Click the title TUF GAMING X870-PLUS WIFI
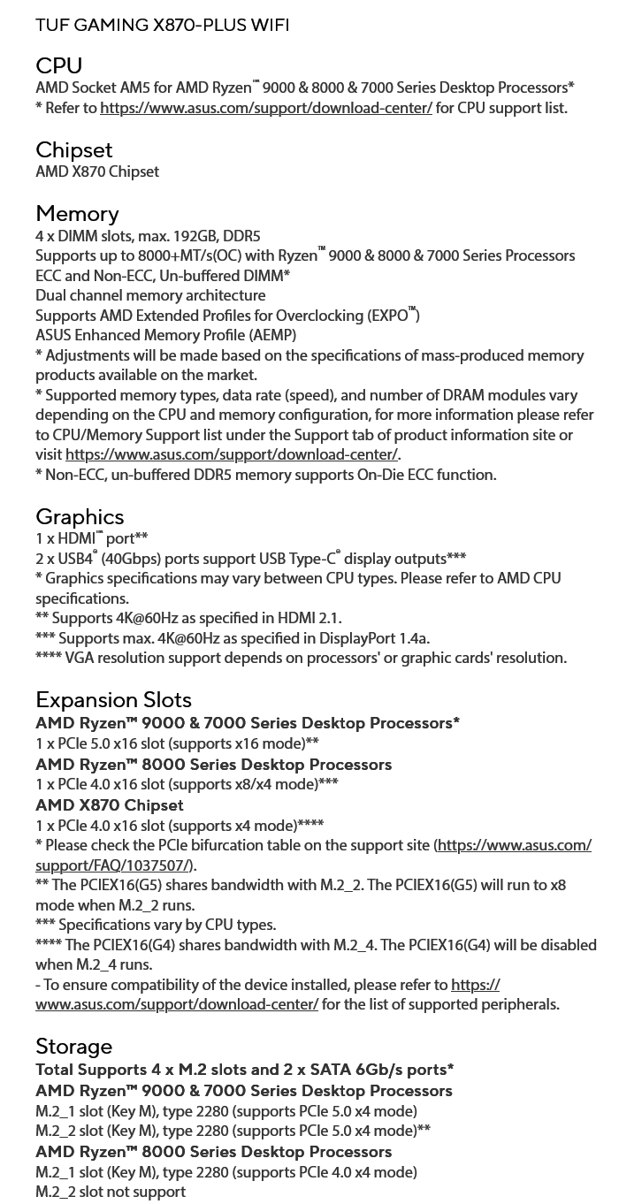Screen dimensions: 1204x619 click(162, 26)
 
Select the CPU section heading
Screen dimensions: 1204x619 click(58, 66)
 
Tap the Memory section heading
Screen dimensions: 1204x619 click(77, 214)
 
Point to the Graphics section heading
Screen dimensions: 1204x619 click(80, 517)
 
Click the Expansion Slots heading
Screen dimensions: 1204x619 click(113, 700)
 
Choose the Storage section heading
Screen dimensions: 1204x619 click(73, 1047)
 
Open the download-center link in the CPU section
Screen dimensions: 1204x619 click(265, 108)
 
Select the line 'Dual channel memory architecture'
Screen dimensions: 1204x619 click(150, 295)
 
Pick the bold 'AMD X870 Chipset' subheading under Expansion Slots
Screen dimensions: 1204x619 click(110, 805)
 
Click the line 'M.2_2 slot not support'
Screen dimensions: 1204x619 click(111, 1192)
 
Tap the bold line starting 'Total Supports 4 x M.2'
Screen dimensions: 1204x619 click(245, 1070)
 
